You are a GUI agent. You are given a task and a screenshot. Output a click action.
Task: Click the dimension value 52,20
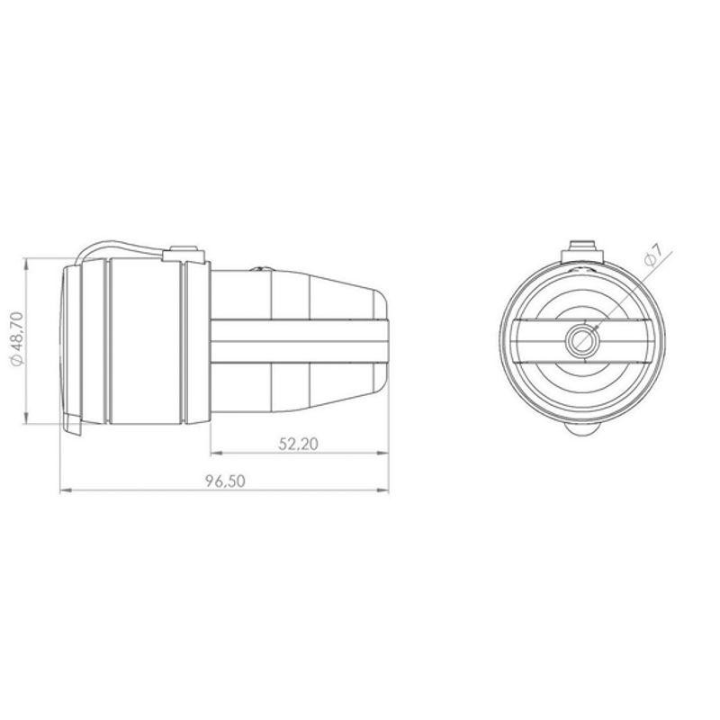click(x=298, y=444)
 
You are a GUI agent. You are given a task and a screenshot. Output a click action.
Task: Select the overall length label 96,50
click(x=225, y=481)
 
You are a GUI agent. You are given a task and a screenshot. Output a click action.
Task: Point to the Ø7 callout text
click(x=653, y=255)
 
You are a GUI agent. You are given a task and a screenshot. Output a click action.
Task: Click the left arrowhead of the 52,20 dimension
click(x=217, y=453)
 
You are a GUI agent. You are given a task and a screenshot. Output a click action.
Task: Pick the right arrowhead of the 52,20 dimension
click(x=382, y=453)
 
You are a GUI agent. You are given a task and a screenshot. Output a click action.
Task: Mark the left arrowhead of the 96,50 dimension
click(x=67, y=490)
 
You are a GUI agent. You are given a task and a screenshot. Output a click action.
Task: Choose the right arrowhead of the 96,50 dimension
click(x=382, y=490)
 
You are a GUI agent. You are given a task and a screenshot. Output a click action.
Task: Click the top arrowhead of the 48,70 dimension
click(x=26, y=264)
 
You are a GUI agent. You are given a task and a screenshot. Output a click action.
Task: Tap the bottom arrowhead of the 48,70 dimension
click(x=26, y=418)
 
